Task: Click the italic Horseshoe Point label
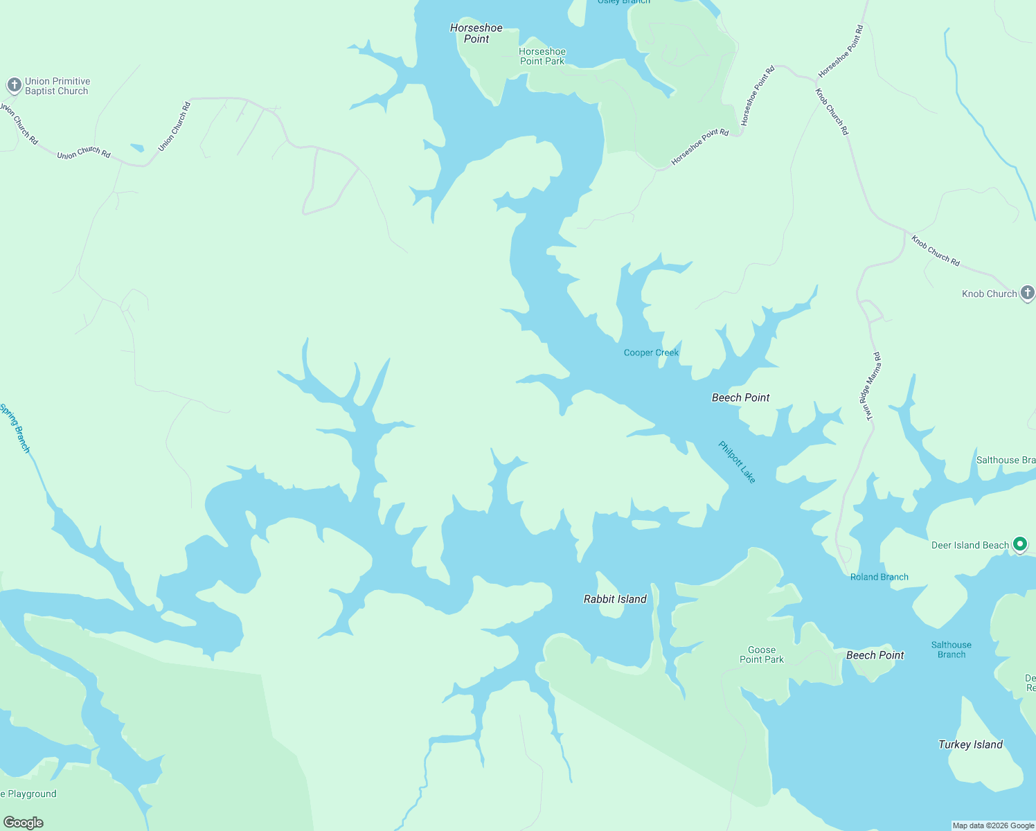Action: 476,33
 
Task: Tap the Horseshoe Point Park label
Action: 542,56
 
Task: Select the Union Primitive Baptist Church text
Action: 57,86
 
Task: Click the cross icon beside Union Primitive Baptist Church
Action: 14,85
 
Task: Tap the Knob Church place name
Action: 989,294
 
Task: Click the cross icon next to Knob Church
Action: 1028,293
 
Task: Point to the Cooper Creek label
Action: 651,352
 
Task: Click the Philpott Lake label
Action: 737,462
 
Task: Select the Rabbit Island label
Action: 615,599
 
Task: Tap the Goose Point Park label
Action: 762,654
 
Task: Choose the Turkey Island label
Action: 970,744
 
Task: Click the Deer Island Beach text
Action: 970,545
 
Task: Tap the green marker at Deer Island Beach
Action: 1019,544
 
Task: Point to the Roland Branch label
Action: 879,577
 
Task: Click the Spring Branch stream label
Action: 15,429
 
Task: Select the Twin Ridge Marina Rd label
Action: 870,386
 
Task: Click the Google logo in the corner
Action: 23,822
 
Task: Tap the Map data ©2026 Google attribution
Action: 993,825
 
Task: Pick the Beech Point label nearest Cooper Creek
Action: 740,397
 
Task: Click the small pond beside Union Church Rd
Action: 136,148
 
